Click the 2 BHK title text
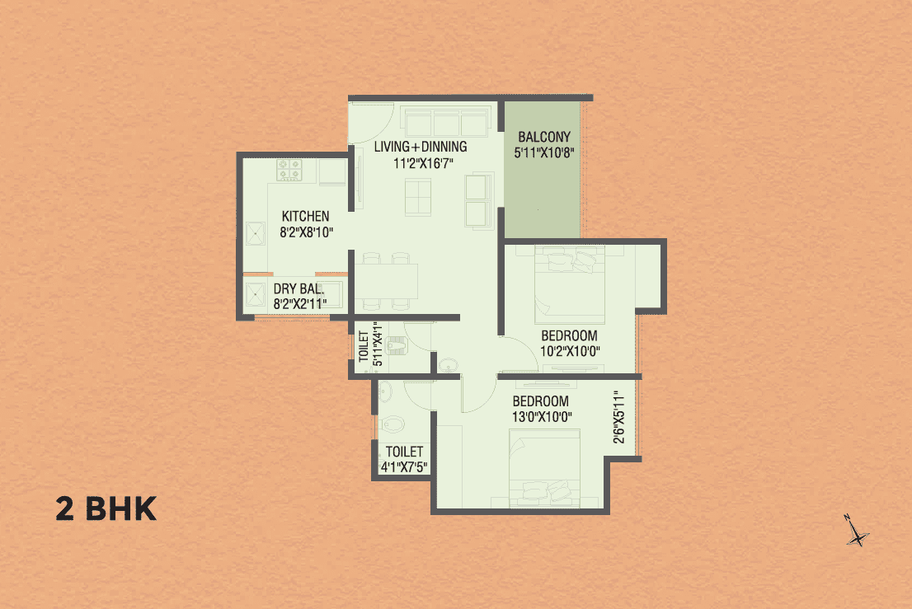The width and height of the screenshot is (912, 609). [x=106, y=508]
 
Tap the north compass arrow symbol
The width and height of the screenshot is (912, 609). [x=856, y=531]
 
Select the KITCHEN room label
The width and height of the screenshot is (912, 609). [x=305, y=216]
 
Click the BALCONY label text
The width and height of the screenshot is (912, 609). [x=544, y=137]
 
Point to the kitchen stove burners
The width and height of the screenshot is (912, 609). [x=289, y=171]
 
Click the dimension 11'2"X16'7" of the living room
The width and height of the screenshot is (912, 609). [x=423, y=163]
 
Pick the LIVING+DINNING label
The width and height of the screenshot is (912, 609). [x=421, y=147]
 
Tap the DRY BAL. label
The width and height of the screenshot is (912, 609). [x=299, y=288]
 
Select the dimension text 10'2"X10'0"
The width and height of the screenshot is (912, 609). [x=570, y=351]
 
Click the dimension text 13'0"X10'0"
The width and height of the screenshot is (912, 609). [x=542, y=417]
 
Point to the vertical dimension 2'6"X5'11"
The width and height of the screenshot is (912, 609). [x=618, y=417]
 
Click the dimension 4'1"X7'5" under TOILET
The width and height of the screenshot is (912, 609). [x=404, y=466]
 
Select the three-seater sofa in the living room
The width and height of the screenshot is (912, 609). [x=445, y=122]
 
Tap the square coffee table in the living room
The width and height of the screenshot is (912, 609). [x=418, y=197]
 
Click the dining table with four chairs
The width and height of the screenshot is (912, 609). [x=386, y=281]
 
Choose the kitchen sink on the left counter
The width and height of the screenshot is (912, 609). [x=256, y=233]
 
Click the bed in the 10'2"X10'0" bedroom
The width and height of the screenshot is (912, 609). [x=570, y=285]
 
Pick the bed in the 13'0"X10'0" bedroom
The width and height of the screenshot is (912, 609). [x=544, y=468]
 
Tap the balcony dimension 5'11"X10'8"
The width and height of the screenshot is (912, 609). [x=544, y=152]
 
